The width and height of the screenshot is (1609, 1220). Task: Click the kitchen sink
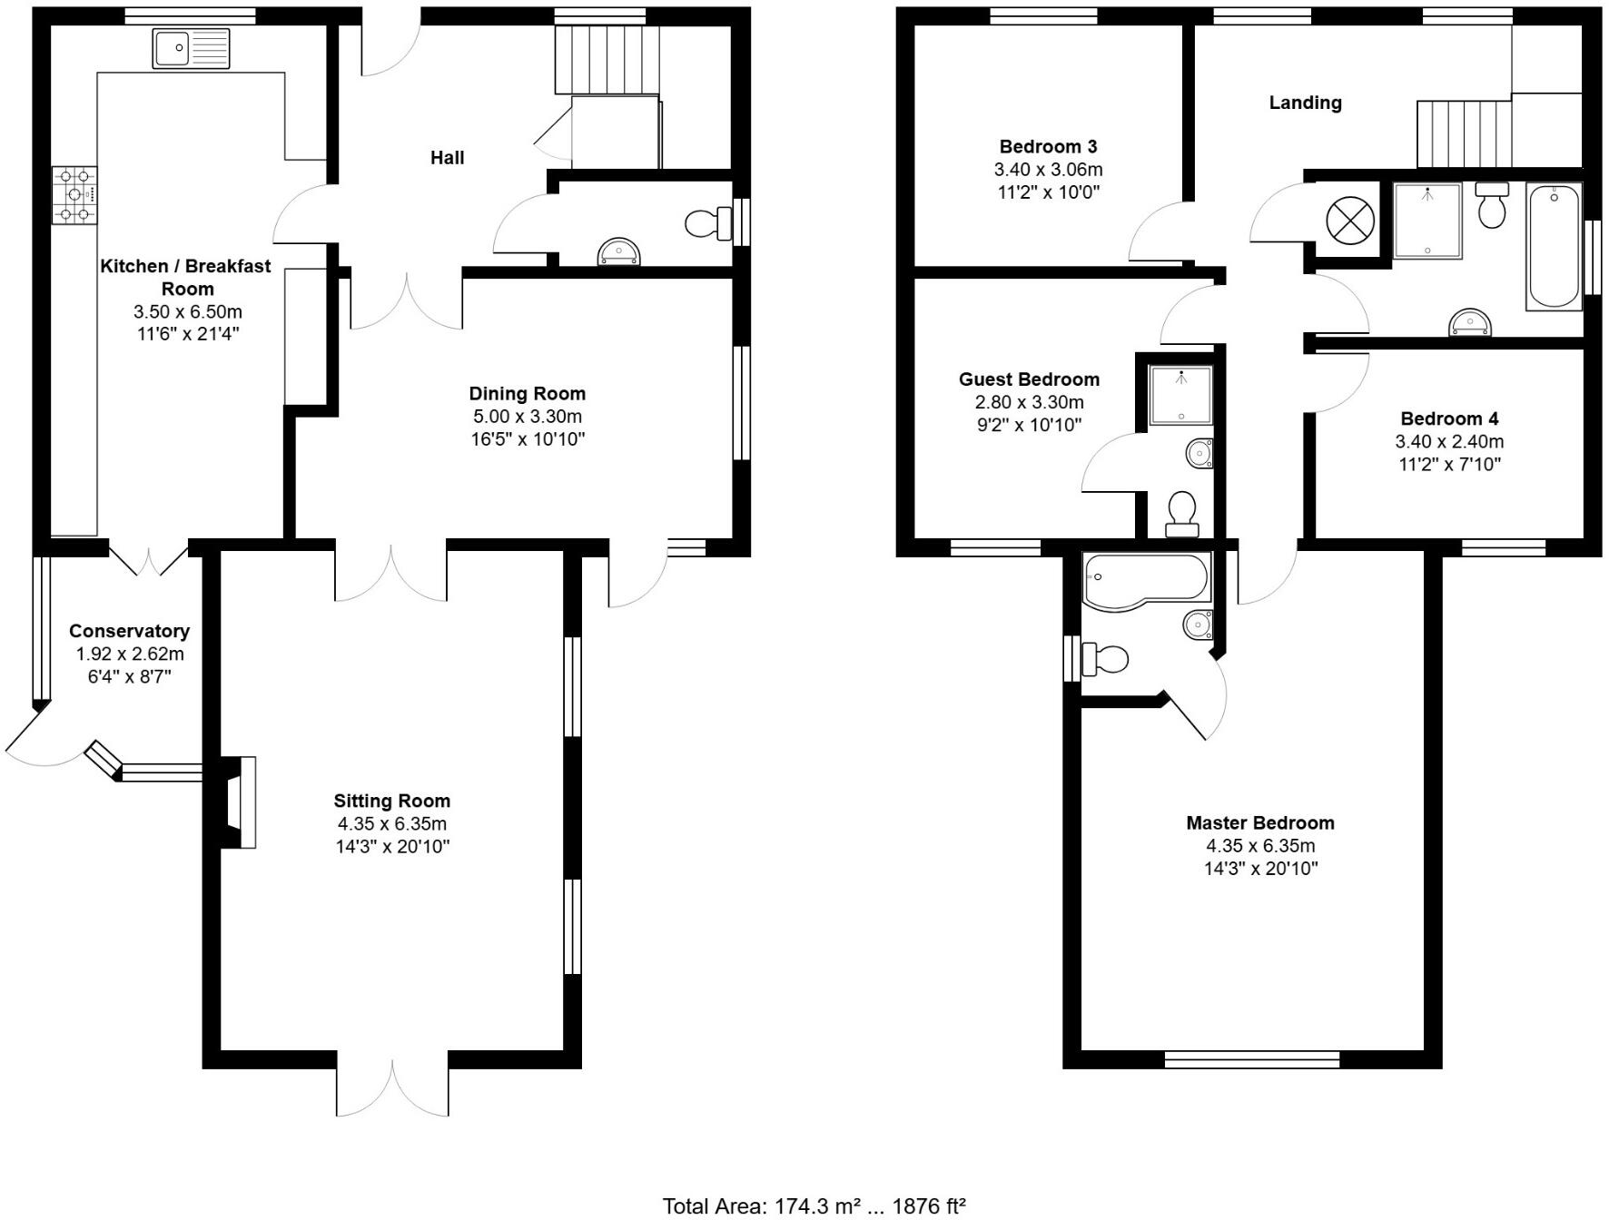pos(192,48)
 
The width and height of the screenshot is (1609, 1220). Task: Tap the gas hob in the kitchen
pos(74,195)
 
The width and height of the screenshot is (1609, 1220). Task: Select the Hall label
pos(447,158)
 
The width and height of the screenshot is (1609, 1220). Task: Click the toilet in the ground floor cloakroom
pos(706,222)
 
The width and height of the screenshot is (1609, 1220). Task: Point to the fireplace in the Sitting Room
pos(238,802)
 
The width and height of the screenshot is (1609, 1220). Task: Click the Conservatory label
pos(129,631)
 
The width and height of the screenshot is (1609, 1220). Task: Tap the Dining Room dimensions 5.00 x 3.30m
pos(527,417)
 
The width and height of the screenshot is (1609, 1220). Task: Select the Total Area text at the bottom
pos(814,1205)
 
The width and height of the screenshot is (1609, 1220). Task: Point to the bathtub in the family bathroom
pos(1555,246)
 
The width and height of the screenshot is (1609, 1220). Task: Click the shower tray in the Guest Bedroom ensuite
pos(1180,395)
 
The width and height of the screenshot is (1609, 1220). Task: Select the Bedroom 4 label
pos(1449,418)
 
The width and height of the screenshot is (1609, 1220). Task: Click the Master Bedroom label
pos(1260,822)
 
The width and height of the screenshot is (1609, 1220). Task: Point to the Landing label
pos(1305,103)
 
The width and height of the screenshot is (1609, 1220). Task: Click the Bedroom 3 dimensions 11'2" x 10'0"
pos(1048,192)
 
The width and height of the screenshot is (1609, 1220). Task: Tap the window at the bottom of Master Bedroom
pos(1251,1058)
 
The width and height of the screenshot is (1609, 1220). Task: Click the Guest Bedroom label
pos(1029,379)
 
